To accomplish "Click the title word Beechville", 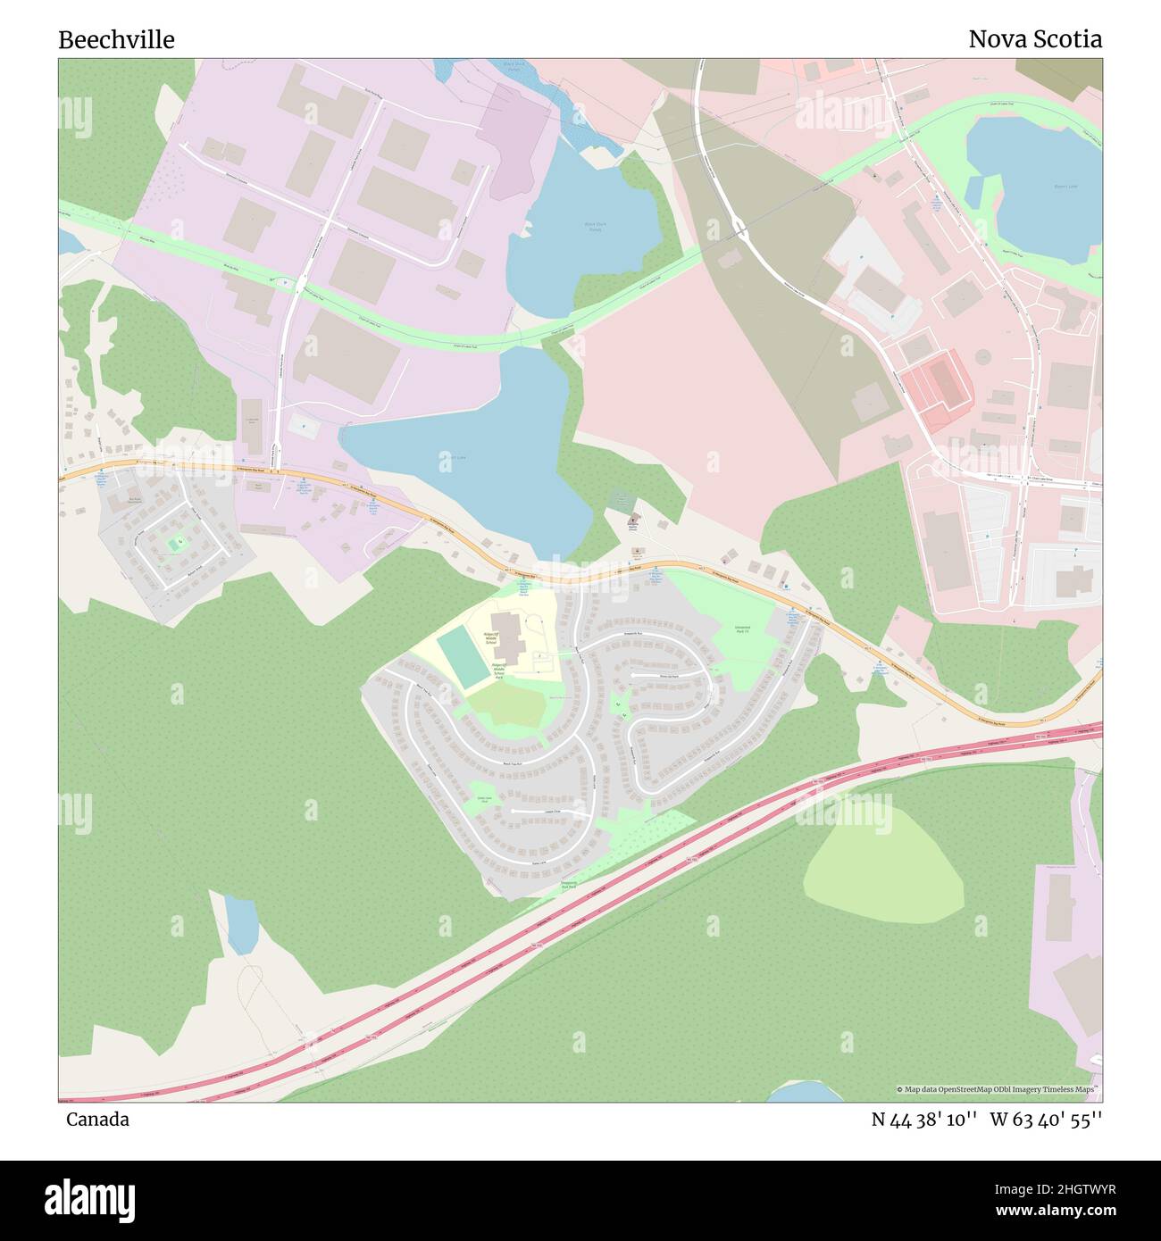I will coord(116,40).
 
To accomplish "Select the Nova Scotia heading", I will coord(1035,39).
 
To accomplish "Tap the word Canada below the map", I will coord(97,1120).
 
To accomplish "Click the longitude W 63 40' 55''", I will coord(1046,1120).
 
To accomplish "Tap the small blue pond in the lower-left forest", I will coord(241,925).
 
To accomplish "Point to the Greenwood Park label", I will coord(742,629).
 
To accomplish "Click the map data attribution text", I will coord(998,1089).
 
